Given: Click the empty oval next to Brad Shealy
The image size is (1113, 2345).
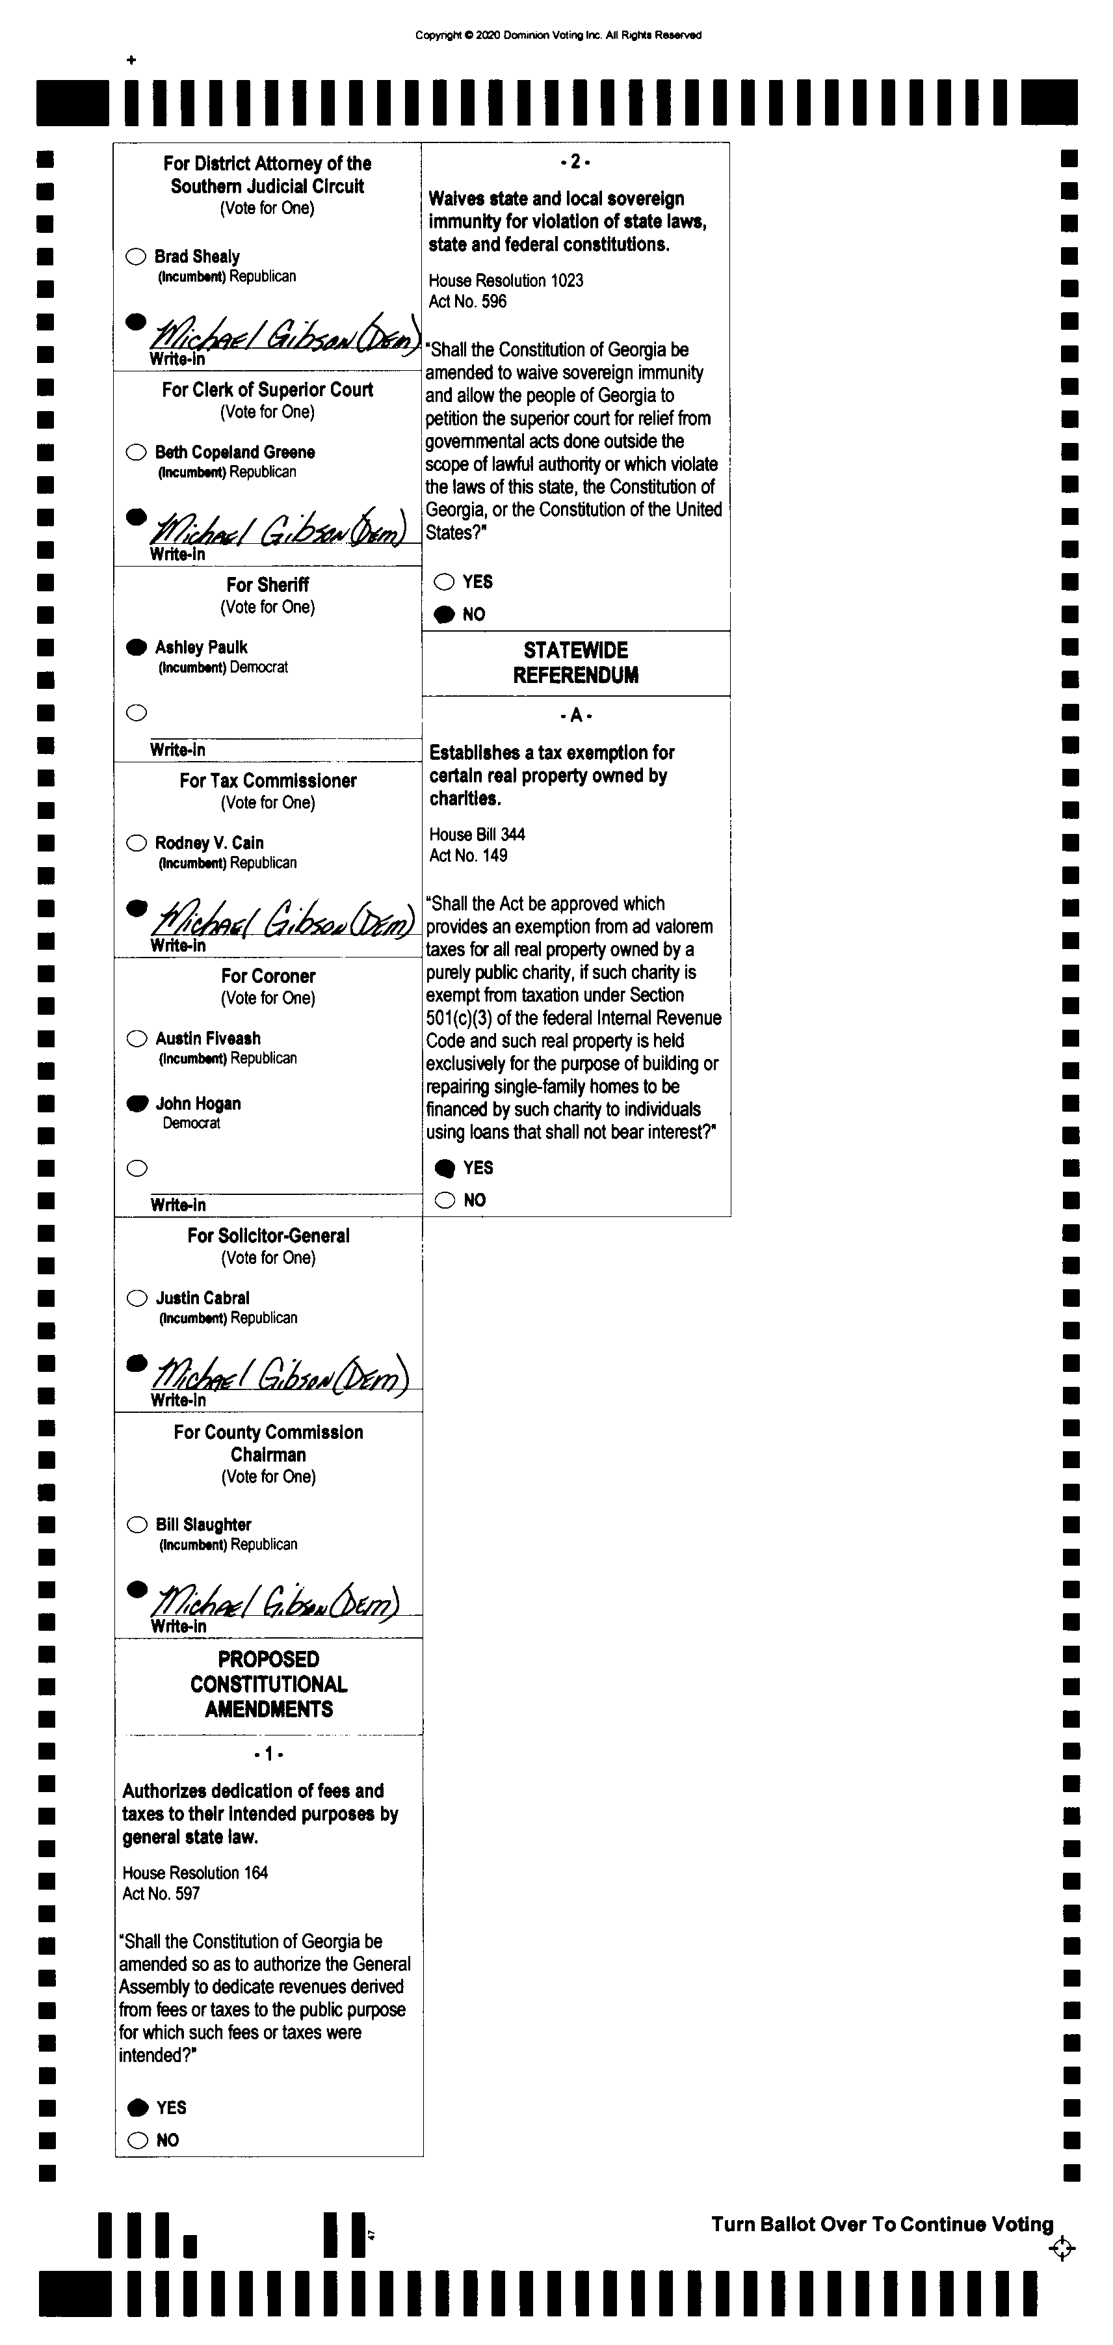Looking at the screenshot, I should point(136,257).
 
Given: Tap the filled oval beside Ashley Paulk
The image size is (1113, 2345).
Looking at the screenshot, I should point(137,647).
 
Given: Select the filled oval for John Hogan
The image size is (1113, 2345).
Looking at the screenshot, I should point(137,1103).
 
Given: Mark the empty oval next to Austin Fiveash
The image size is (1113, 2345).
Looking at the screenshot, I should point(137,1039).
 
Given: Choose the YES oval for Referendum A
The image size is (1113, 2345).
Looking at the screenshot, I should point(445,1168).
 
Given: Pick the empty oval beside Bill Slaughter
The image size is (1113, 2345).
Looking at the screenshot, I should point(137,1524).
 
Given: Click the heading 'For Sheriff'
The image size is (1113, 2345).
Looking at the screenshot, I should point(268,584).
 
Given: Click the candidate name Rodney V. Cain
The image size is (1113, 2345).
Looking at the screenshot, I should point(209,843).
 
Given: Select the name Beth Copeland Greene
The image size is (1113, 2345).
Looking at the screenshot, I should point(235,453).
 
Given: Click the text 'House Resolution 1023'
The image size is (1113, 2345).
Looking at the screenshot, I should point(506,280).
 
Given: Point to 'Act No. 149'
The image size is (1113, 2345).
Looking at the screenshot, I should point(469,855).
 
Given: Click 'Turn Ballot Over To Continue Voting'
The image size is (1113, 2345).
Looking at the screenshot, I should point(882,2224).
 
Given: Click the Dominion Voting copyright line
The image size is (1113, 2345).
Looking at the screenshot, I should point(558,36).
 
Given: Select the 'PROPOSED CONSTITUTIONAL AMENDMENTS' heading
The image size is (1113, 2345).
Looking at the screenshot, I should point(268,1684).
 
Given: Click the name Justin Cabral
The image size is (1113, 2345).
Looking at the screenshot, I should point(202,1298).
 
